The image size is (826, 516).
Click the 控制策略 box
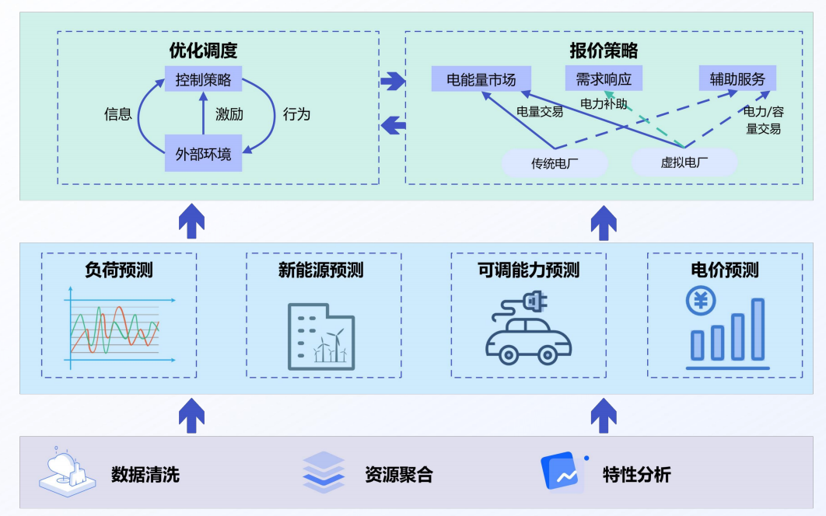pyautogui.click(x=203, y=79)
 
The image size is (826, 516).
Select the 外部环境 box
pyautogui.click(x=203, y=154)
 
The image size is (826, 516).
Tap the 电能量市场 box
pyautogui.click(x=481, y=79)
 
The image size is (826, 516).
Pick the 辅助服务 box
pyautogui.click(x=737, y=78)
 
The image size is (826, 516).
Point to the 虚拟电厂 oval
pyautogui.click(x=684, y=162)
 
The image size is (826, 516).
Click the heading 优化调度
pyautogui.click(x=203, y=51)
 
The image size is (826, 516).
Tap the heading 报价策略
pyautogui.click(x=604, y=51)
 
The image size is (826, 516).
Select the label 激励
pyautogui.click(x=229, y=114)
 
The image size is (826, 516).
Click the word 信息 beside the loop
pyautogui.click(x=117, y=114)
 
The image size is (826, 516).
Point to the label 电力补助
pyautogui.click(x=603, y=103)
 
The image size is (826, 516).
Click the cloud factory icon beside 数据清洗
pyautogui.click(x=68, y=471)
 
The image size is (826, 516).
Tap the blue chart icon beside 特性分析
pyautogui.click(x=562, y=472)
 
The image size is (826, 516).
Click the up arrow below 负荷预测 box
pyautogui.click(x=191, y=417)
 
